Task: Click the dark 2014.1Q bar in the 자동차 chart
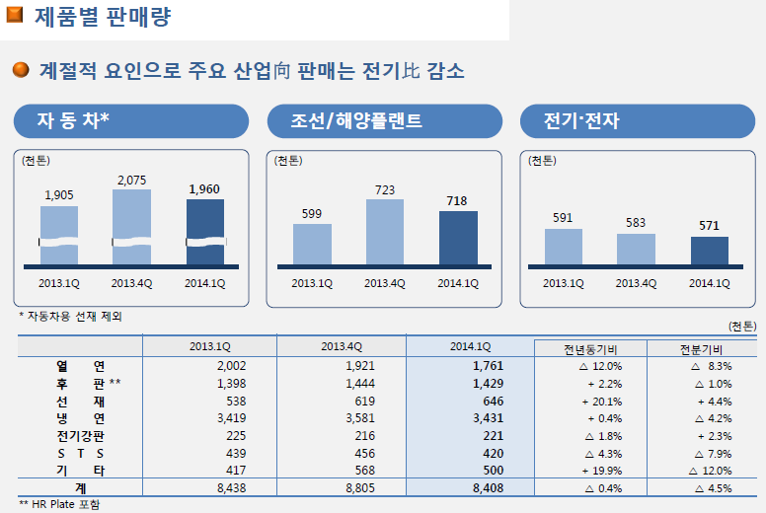pyautogui.click(x=205, y=232)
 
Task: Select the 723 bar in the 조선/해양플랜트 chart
pyautogui.click(x=385, y=233)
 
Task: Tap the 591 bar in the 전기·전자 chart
pyautogui.click(x=564, y=247)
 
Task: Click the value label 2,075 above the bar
pyautogui.click(x=131, y=180)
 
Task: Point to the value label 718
pyautogui.click(x=457, y=201)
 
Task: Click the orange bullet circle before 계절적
pyautogui.click(x=21, y=71)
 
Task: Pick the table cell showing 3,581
pyautogui.click(x=343, y=418)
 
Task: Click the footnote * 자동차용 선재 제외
pyautogui.click(x=71, y=316)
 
